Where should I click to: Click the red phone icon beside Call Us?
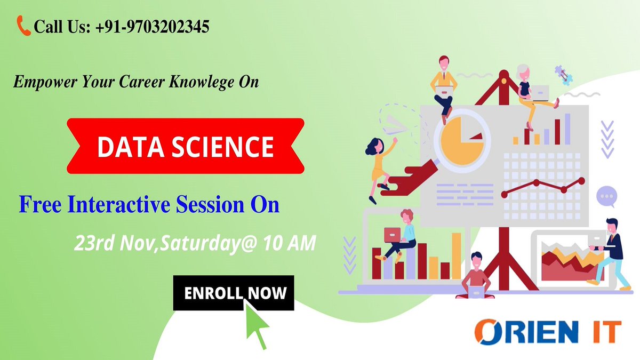click(x=24, y=25)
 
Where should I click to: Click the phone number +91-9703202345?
click(x=153, y=26)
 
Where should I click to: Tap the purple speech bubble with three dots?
click(x=606, y=197)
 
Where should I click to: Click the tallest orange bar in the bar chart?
click(x=457, y=256)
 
